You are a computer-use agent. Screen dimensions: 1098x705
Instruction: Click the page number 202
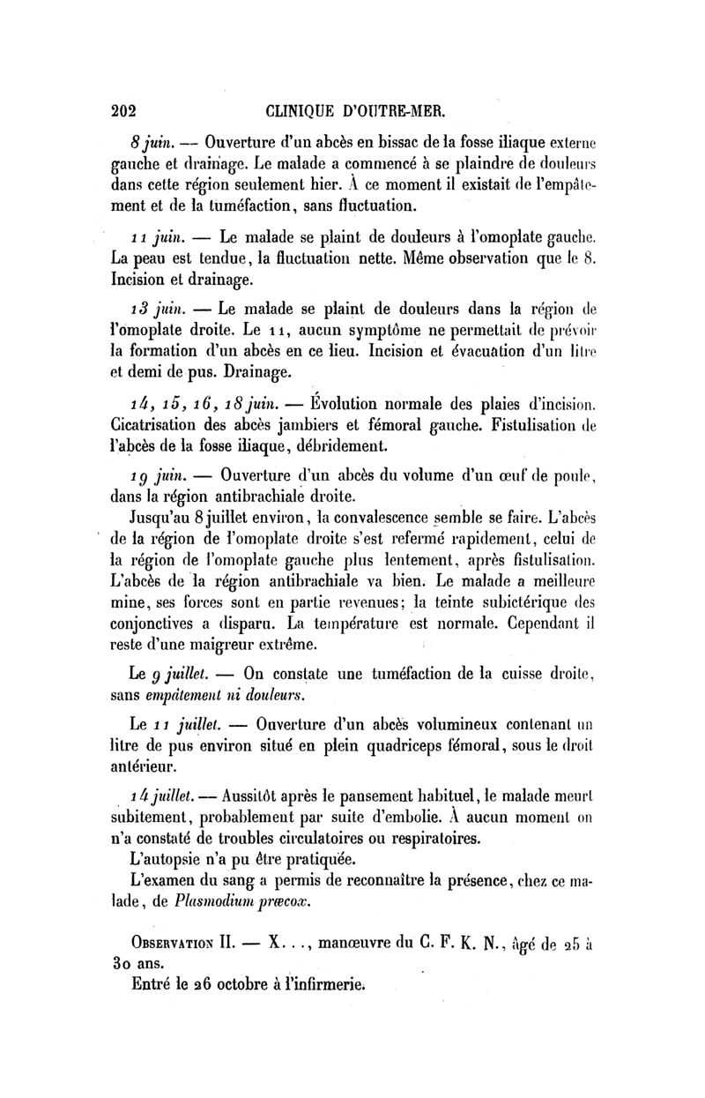click(x=128, y=112)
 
